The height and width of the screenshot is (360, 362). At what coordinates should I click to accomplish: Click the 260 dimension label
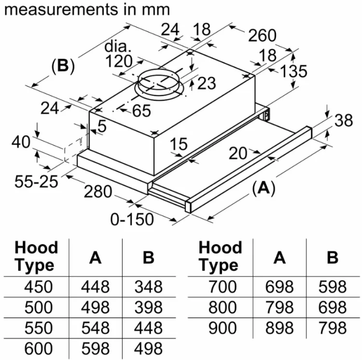(262, 35)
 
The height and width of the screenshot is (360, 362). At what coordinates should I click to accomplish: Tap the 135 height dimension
(293, 71)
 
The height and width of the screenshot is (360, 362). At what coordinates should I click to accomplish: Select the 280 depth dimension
(98, 191)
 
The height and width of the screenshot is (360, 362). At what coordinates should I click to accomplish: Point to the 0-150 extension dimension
(132, 219)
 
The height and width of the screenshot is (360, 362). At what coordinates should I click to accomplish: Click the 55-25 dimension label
(36, 181)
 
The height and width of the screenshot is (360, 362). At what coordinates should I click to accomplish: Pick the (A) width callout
(264, 188)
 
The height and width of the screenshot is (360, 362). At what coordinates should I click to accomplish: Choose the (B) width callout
(63, 66)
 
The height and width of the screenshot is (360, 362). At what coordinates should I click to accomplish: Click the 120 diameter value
(119, 61)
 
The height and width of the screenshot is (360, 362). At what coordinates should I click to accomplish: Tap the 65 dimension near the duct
(142, 111)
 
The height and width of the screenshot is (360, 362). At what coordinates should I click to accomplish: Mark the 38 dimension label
(344, 120)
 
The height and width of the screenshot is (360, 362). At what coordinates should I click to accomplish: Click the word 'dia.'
(118, 46)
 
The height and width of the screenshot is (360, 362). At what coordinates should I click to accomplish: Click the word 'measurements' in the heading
(61, 10)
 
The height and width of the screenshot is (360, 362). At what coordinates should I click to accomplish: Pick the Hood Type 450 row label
(39, 287)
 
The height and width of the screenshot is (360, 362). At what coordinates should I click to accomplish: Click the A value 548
(96, 328)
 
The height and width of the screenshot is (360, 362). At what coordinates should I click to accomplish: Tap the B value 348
(149, 287)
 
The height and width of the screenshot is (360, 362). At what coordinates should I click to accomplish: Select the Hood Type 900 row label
(223, 328)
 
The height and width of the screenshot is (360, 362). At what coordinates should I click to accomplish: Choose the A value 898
(279, 328)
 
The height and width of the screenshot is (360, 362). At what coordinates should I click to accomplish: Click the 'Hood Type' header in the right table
(220, 256)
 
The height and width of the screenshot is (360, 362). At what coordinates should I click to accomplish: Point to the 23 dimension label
(207, 83)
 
